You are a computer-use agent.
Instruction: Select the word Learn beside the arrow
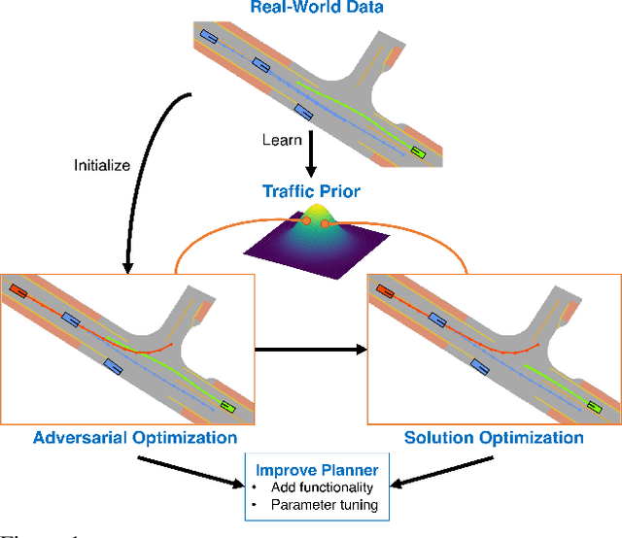point(281,140)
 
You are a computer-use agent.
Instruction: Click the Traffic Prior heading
point(311,191)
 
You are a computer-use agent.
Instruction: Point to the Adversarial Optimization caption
point(135,438)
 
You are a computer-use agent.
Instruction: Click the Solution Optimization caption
point(495,438)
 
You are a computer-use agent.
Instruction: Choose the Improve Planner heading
point(311,471)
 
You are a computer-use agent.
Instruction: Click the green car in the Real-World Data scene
point(419,151)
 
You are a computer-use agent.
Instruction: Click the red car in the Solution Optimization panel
point(385,290)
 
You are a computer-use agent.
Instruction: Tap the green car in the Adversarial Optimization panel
point(226,407)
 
